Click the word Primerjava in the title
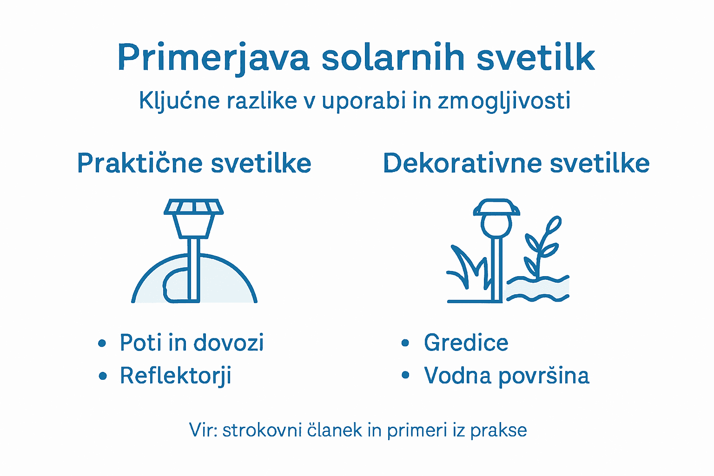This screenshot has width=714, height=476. point(213,58)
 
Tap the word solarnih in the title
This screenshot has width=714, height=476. point(393,58)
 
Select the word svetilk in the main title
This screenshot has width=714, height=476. point(535,58)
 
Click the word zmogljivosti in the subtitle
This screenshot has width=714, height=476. point(504,101)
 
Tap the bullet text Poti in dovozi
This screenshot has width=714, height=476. point(192,343)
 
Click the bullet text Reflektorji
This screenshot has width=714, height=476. point(175,376)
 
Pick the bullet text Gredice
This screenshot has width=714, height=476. point(466,343)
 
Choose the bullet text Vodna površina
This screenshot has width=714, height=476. point(506,376)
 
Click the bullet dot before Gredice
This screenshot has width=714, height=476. point(405,344)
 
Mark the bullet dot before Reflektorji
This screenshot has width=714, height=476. point(103,376)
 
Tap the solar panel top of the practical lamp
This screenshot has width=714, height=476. point(193,207)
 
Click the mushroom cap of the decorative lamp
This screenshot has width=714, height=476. point(496,208)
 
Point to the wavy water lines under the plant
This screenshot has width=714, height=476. point(538,289)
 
